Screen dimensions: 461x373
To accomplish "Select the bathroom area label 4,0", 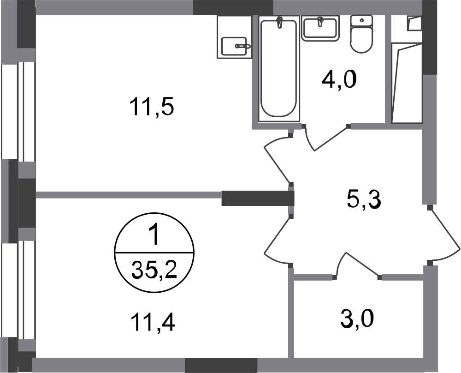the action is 339,79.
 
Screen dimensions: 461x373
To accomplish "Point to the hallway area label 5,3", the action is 364,200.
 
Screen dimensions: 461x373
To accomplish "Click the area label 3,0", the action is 357,319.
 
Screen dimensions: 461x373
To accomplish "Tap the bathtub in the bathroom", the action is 279,69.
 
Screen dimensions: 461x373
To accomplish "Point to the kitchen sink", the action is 234,46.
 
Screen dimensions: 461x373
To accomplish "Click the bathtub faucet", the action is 280,22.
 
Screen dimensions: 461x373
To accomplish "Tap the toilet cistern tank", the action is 361,21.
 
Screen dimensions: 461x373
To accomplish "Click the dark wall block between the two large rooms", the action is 258,198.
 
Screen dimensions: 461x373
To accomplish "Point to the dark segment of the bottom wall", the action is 221,365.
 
